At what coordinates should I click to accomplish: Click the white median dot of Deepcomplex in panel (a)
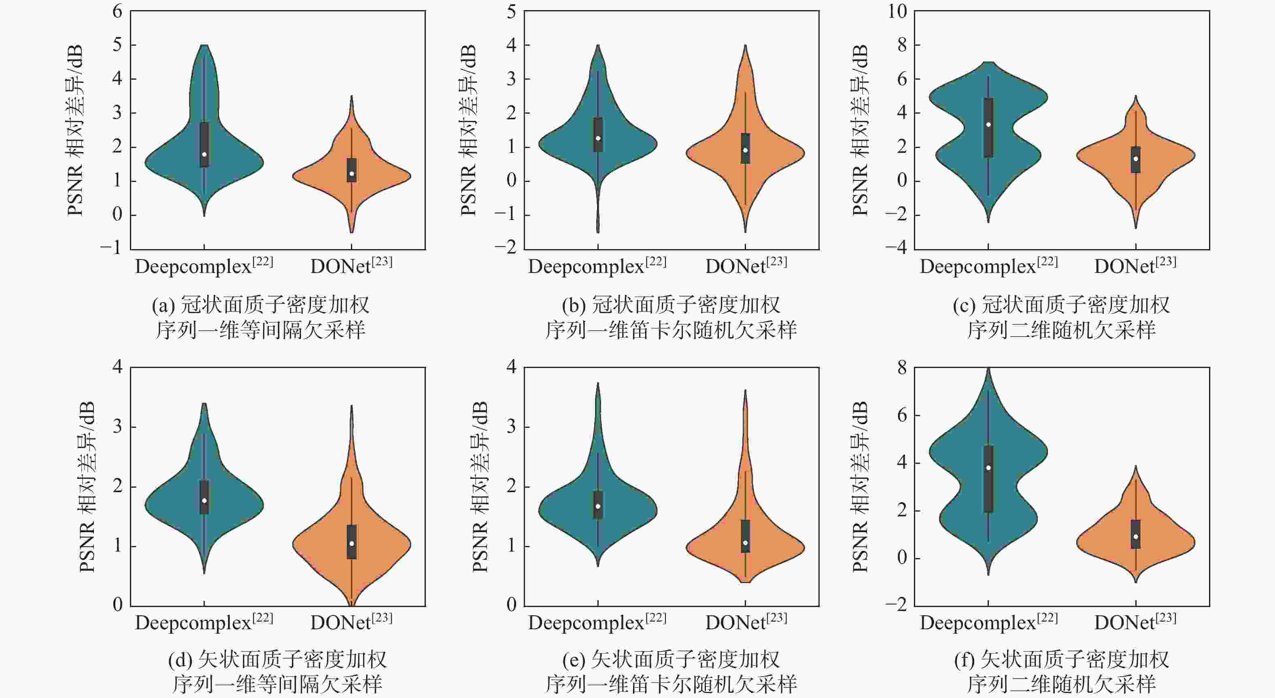pyautogui.click(x=204, y=154)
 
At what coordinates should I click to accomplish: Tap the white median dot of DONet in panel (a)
pyautogui.click(x=351, y=173)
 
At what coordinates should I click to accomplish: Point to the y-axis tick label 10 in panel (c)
pyautogui.click(x=897, y=11)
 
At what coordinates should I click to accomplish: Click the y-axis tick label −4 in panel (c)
pyautogui.click(x=896, y=248)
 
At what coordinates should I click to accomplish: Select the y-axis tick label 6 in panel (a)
pyautogui.click(x=117, y=11)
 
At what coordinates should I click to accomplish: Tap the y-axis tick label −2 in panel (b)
pyautogui.click(x=506, y=248)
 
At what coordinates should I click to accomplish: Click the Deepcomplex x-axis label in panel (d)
pyautogui.click(x=204, y=622)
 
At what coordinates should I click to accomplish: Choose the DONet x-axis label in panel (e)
pyautogui.click(x=746, y=622)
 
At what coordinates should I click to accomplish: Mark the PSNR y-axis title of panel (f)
pyautogui.click(x=861, y=487)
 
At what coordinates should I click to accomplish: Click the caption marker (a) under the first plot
pyautogui.click(x=164, y=306)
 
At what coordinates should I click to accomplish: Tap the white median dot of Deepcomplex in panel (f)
pyautogui.click(x=988, y=468)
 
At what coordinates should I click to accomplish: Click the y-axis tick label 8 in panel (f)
pyautogui.click(x=902, y=368)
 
